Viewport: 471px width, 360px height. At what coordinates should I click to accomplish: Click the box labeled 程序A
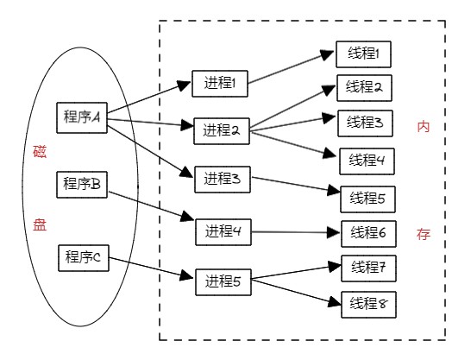click(x=82, y=117)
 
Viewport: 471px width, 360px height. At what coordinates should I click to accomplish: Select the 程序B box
click(x=82, y=185)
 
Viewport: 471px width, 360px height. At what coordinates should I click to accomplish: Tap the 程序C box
click(x=83, y=258)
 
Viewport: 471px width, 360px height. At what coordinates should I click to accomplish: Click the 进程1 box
click(x=220, y=84)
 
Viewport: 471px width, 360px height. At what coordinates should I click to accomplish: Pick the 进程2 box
click(x=222, y=131)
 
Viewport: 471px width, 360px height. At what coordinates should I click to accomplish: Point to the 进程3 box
click(x=223, y=179)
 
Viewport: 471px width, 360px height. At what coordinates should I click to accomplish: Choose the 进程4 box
click(x=223, y=232)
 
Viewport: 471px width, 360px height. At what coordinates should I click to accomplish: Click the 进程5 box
click(x=223, y=282)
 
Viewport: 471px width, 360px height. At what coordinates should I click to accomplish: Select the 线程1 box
click(x=363, y=54)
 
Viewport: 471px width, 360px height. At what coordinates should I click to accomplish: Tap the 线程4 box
click(x=367, y=161)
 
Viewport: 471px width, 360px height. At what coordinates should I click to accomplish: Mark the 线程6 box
click(x=368, y=234)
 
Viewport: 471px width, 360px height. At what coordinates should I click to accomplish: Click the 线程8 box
click(x=368, y=305)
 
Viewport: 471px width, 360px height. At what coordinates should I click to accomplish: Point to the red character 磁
click(x=40, y=152)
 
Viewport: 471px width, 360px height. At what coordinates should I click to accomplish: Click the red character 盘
click(x=40, y=224)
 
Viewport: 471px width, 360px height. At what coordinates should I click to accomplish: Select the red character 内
click(x=424, y=127)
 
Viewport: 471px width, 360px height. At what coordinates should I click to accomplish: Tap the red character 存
click(x=424, y=234)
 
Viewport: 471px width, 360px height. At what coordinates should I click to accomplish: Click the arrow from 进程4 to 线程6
click(x=295, y=232)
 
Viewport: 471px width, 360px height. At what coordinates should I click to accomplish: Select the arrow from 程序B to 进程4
click(x=151, y=206)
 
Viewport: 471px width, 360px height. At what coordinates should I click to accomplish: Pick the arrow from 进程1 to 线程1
click(x=291, y=67)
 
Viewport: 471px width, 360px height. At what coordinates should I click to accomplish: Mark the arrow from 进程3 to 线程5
click(x=296, y=184)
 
